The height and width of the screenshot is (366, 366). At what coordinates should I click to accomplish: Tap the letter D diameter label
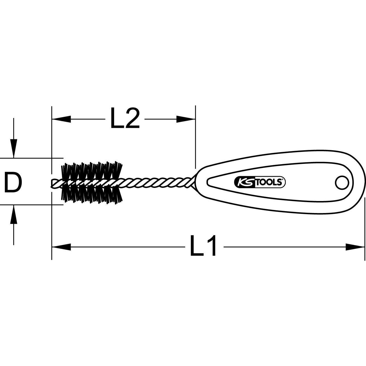pos(13,182)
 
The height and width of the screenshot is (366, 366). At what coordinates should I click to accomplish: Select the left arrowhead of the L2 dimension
pos(61,119)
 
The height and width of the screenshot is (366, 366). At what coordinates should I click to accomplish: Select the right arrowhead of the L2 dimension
pos(186,119)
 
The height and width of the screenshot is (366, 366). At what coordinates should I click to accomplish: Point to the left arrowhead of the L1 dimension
pos(61,247)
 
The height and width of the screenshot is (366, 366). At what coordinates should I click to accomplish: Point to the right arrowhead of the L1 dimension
pos(355,247)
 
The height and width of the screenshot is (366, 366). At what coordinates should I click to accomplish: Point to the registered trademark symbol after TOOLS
pos(283,179)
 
